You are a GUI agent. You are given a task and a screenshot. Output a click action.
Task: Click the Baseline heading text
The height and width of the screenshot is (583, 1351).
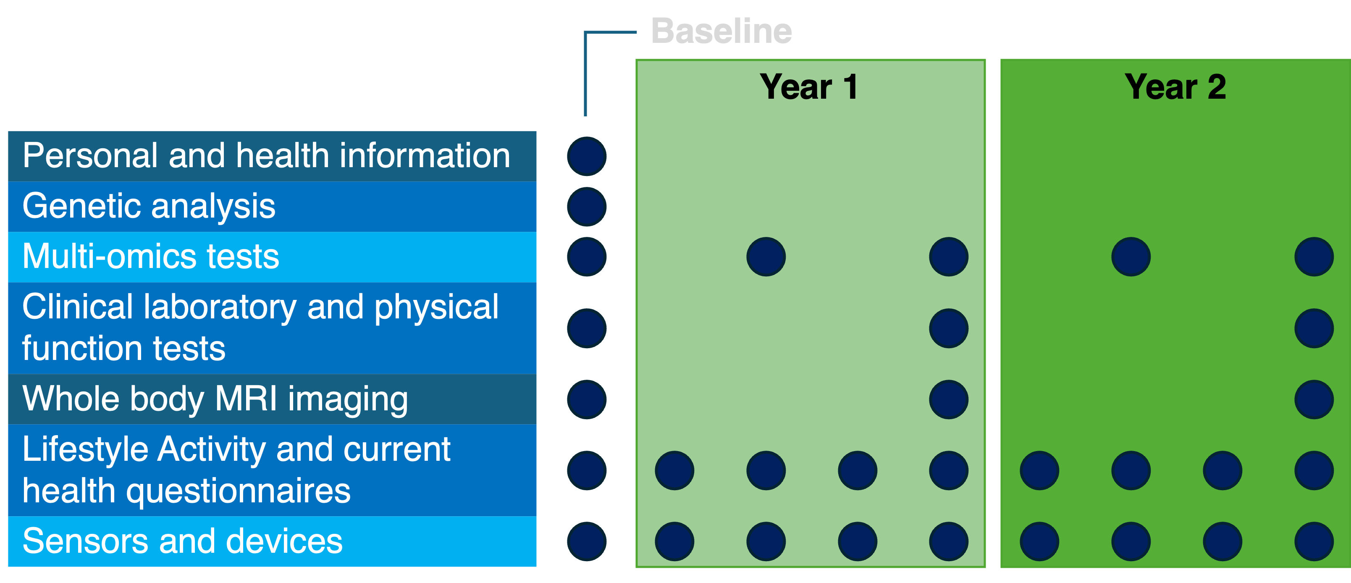click(x=721, y=31)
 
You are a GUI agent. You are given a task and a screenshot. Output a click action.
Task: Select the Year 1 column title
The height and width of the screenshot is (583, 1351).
click(x=809, y=87)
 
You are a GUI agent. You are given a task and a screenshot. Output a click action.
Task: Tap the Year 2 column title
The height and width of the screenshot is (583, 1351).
click(x=1175, y=87)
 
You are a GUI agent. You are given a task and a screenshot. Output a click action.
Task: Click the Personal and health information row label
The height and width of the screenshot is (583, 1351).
click(x=266, y=156)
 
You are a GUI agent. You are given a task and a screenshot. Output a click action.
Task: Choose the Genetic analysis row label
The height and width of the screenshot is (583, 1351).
click(x=149, y=206)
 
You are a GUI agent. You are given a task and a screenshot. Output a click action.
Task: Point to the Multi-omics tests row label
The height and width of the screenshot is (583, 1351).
click(x=151, y=257)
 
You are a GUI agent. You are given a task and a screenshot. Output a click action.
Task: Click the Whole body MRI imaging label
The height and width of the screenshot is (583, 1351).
click(x=215, y=399)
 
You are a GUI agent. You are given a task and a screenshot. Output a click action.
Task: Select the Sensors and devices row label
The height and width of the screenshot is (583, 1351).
click(x=183, y=541)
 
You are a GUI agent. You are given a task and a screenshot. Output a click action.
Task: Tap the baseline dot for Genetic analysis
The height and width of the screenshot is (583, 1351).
click(x=587, y=207)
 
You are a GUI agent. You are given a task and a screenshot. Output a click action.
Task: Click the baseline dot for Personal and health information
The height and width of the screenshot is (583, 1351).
click(x=587, y=156)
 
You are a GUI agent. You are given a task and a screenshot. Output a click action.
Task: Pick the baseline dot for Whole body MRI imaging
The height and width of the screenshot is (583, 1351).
click(x=587, y=399)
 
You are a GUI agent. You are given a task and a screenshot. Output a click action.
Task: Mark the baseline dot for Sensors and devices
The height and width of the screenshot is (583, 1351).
click(x=587, y=541)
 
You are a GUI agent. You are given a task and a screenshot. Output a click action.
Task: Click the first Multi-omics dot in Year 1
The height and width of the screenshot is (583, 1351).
click(x=766, y=257)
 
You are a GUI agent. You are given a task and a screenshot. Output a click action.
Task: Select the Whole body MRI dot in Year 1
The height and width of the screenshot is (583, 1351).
click(x=949, y=399)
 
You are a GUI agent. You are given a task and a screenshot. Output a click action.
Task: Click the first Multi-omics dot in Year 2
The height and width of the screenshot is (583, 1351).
click(x=1131, y=257)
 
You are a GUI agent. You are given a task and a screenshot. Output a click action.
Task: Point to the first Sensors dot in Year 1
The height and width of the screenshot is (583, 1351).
click(x=674, y=541)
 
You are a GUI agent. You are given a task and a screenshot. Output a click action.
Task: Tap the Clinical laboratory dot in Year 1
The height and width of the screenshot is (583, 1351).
click(x=949, y=328)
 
